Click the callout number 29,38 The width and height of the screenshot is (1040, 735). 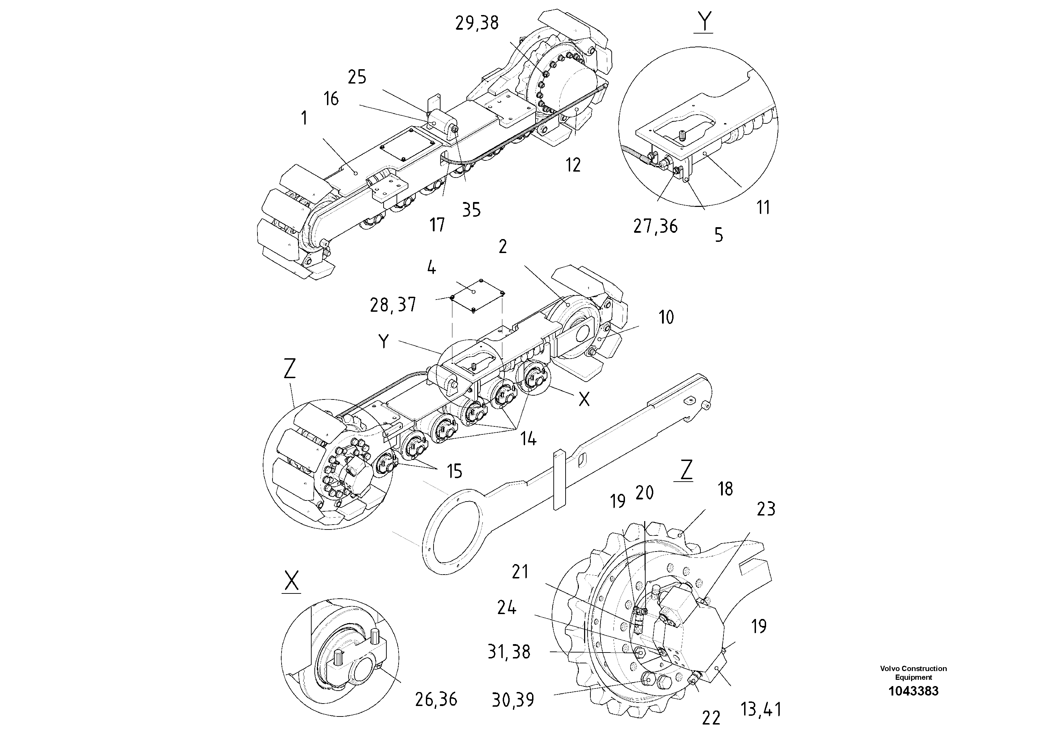[x=477, y=23]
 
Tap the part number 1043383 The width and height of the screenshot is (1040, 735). [x=913, y=691]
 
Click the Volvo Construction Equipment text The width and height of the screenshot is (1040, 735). [x=913, y=672]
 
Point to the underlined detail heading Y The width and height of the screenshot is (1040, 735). [x=704, y=22]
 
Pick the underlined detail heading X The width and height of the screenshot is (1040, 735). [x=291, y=581]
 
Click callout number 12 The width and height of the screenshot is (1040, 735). [x=573, y=165]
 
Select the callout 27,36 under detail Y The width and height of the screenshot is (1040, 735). [x=655, y=226]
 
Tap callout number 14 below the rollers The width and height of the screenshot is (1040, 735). [x=528, y=439]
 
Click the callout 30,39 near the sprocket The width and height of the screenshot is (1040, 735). [x=513, y=700]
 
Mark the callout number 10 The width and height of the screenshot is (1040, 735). [x=666, y=317]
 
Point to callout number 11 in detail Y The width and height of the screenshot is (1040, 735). [x=763, y=208]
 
